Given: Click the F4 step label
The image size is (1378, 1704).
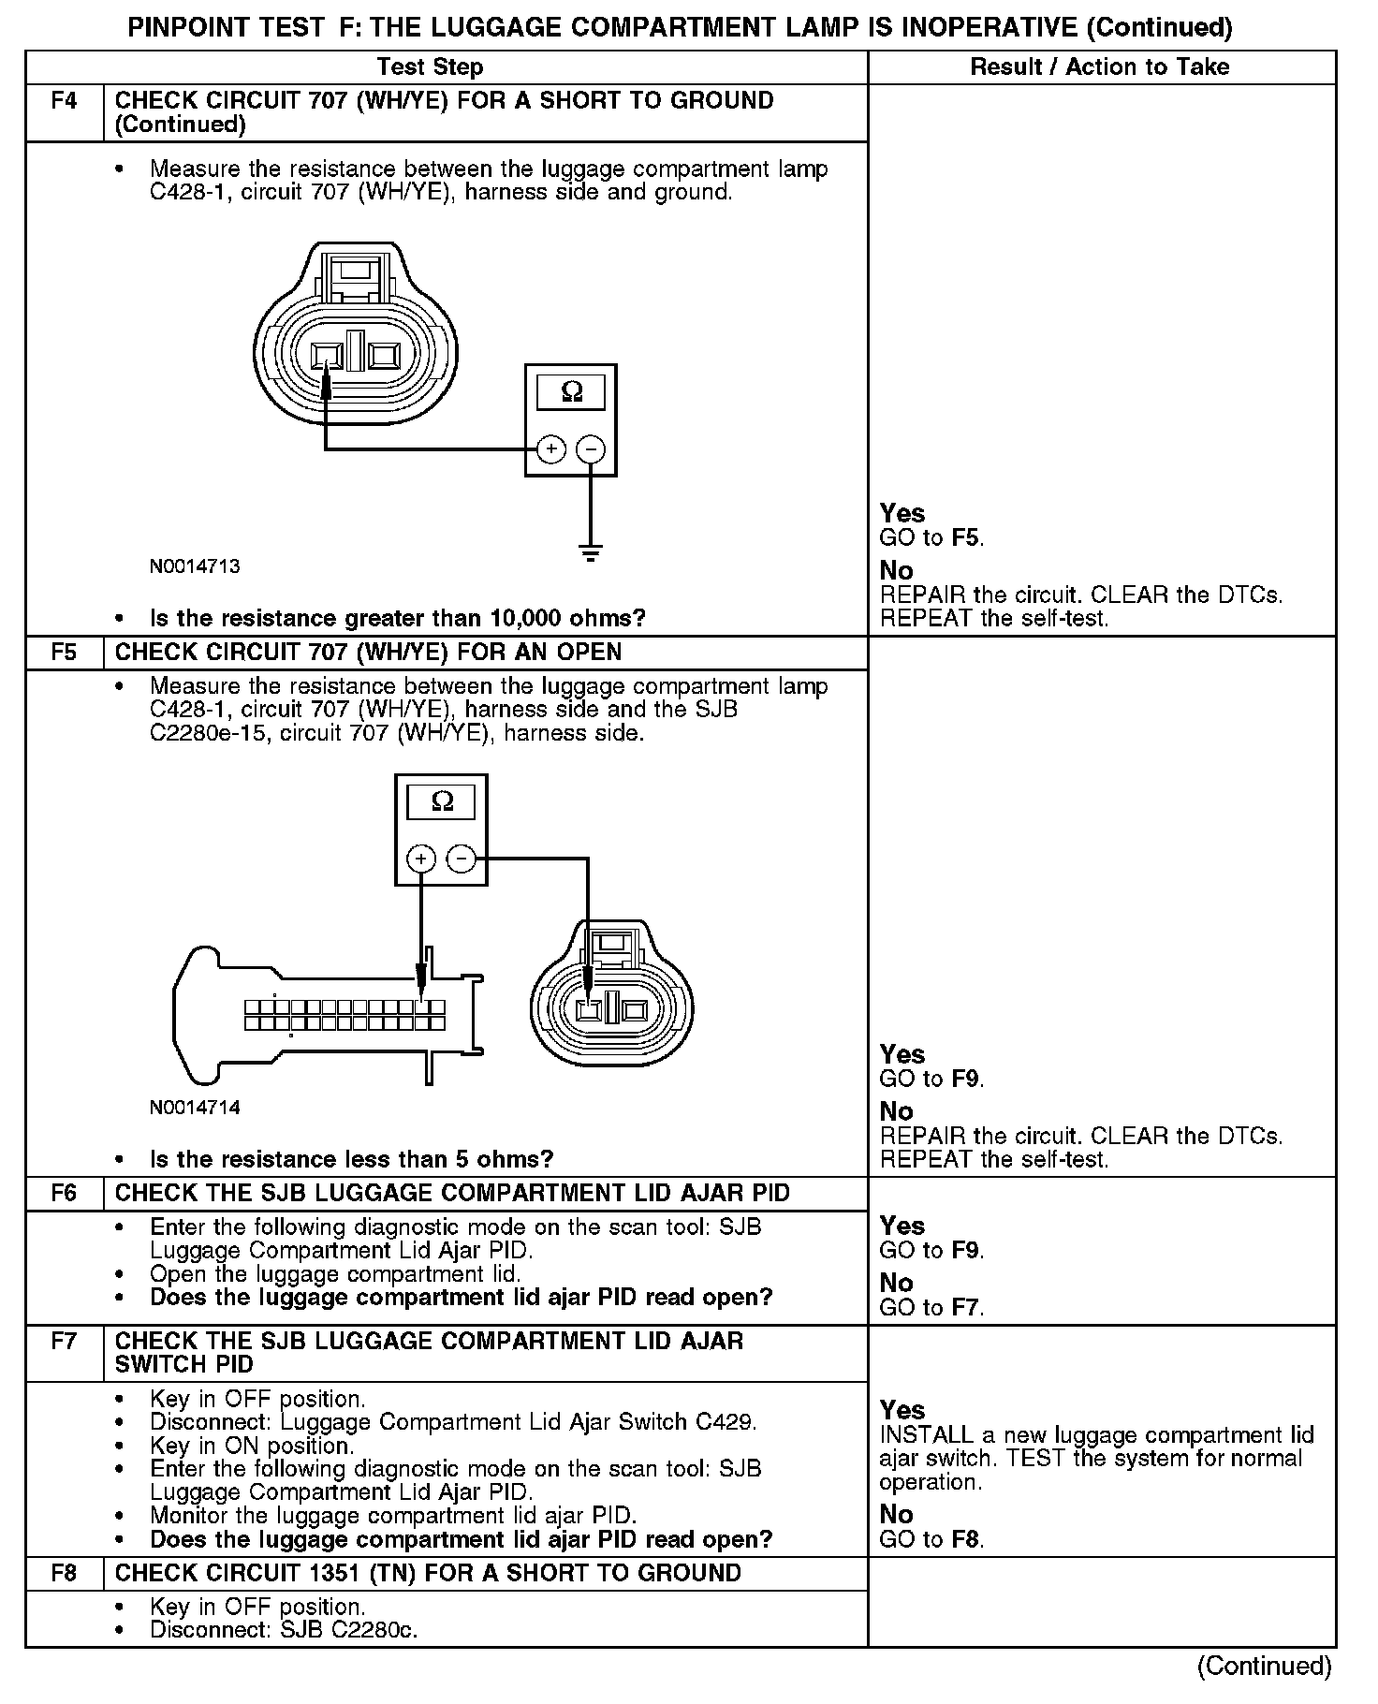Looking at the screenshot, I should (64, 101).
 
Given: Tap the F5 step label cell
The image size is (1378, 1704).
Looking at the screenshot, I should (64, 652).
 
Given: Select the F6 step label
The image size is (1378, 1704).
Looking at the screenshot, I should (64, 1193).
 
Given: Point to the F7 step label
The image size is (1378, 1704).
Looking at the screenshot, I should (64, 1341).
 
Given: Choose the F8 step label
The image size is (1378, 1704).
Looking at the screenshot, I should (64, 1573).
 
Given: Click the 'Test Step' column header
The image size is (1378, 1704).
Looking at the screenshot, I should (430, 67).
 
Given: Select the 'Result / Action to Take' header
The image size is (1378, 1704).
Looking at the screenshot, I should (1100, 67).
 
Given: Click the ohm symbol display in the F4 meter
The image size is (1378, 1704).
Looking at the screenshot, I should (571, 391).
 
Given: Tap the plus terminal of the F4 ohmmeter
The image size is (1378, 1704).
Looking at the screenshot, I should (551, 449).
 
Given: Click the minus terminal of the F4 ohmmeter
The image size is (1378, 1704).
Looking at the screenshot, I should (590, 449).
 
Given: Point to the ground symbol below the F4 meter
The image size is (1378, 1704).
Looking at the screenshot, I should (591, 553).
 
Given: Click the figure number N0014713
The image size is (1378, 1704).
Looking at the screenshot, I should (195, 566).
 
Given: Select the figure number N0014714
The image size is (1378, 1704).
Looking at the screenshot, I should (195, 1108).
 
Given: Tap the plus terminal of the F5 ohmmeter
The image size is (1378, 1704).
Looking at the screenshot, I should (421, 859).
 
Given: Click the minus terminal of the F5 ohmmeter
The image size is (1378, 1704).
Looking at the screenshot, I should (460, 859).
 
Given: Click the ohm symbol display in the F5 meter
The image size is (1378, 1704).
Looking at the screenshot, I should (441, 801).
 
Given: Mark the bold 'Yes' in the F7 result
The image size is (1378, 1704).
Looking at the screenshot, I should (902, 1410).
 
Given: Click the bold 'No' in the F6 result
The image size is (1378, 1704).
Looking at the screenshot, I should (896, 1283).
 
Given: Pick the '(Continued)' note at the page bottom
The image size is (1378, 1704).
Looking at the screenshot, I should (1264, 1666).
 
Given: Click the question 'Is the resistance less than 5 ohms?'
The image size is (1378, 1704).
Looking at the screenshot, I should (351, 1159).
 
